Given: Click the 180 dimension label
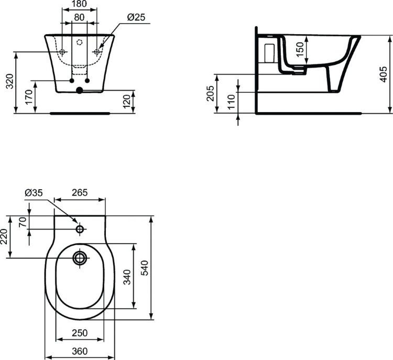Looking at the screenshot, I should (80, 5).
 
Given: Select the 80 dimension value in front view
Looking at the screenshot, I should (80, 18).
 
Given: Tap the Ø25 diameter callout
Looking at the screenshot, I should (136, 18).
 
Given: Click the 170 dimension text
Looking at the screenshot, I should (29, 96).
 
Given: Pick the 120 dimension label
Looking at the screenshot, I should (126, 102).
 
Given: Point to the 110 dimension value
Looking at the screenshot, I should (231, 102).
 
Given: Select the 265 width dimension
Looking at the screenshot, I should (80, 193).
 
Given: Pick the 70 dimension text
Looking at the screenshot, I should (22, 222).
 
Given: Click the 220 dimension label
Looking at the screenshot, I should (4, 236).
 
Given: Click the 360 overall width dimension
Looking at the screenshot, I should (80, 351).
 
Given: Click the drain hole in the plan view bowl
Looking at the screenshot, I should (80, 258).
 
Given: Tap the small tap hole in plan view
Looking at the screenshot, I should (80, 229).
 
